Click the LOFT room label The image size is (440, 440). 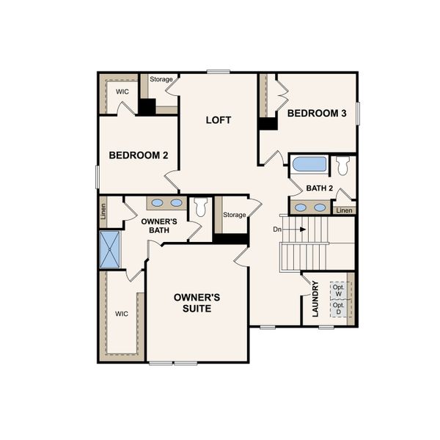point(219,120)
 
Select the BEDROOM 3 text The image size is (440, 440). point(317,113)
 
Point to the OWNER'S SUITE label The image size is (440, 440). point(197,303)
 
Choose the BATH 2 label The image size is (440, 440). point(320,188)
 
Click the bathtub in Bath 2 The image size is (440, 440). point(309,164)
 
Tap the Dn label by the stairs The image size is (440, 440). point(277,229)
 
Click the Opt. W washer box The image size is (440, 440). point(339,291)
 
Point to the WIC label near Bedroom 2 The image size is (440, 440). point(121,92)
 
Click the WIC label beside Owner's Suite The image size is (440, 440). point(121,313)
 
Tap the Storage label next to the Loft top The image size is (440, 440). point(161,79)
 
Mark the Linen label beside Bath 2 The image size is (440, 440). point(344,210)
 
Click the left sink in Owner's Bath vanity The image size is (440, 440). point(158,203)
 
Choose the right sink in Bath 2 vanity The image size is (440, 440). point(320,208)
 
